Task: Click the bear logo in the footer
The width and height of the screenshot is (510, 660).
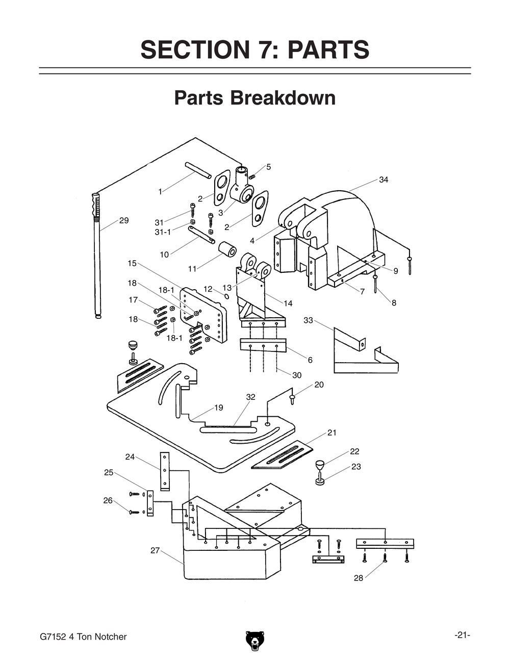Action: pos(254,641)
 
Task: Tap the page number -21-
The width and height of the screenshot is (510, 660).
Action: pos(462,635)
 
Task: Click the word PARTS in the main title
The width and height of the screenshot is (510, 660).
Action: pos(328,49)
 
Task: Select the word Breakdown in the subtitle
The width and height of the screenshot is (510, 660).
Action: pos(285,97)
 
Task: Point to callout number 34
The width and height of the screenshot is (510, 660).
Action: pos(384,180)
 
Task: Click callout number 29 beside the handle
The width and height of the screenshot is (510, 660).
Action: pos(124,220)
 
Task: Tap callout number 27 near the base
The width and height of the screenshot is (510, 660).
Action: pos(155,550)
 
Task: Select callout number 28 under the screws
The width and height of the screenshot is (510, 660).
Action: pos(359,578)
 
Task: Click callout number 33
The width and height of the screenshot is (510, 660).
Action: pos(308,320)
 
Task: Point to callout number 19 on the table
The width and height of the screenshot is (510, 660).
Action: pos(218,408)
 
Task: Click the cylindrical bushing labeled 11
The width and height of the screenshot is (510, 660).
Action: pos(227,250)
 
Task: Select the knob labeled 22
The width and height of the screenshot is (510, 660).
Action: pos(320,465)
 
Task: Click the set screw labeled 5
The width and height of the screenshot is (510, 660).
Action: pos(252,176)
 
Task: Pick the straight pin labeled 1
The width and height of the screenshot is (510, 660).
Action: pos(198,170)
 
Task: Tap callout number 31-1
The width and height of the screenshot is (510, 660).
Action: pos(163,232)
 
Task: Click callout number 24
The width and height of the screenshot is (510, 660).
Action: pos(130,456)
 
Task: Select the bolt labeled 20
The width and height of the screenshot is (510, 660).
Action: pos(292,399)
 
